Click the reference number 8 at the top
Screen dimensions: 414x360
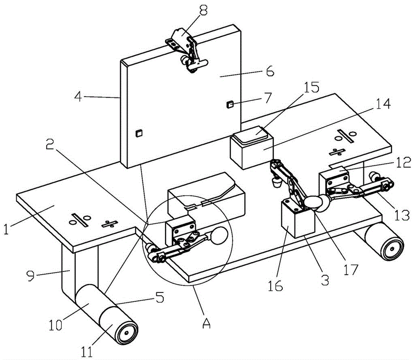pyautogui.click(x=203, y=11)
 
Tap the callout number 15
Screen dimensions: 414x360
pyautogui.click(x=312, y=88)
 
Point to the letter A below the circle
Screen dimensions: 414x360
pyautogui.click(x=207, y=322)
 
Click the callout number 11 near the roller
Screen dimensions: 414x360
pyautogui.click(x=87, y=351)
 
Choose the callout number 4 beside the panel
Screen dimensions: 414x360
pyautogui.click(x=78, y=97)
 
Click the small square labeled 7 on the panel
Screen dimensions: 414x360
pyautogui.click(x=230, y=104)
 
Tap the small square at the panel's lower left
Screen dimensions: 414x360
pyautogui.click(x=139, y=133)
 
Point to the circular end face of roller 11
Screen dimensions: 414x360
pyautogui.click(x=126, y=333)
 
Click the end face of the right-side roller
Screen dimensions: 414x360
pyautogui.click(x=392, y=248)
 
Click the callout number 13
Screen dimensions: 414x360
pyautogui.click(x=402, y=215)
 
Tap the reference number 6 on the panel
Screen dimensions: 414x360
pyautogui.click(x=270, y=71)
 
